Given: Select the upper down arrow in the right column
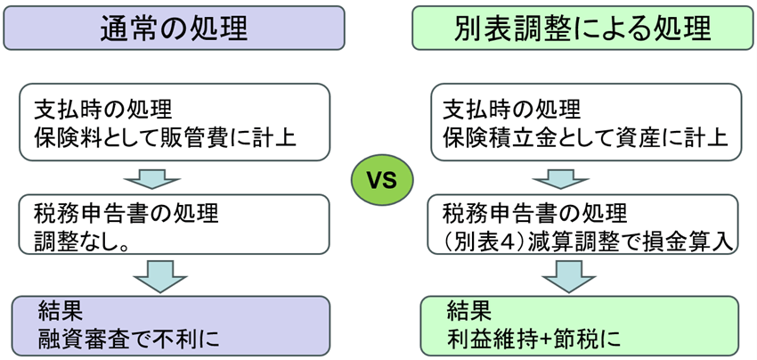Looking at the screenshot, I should [568, 178].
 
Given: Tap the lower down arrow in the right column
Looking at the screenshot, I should [568, 276].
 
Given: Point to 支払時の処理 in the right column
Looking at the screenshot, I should [512, 110].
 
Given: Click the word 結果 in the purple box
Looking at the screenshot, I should [61, 311].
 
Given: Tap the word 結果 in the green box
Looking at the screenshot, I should [468, 311].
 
